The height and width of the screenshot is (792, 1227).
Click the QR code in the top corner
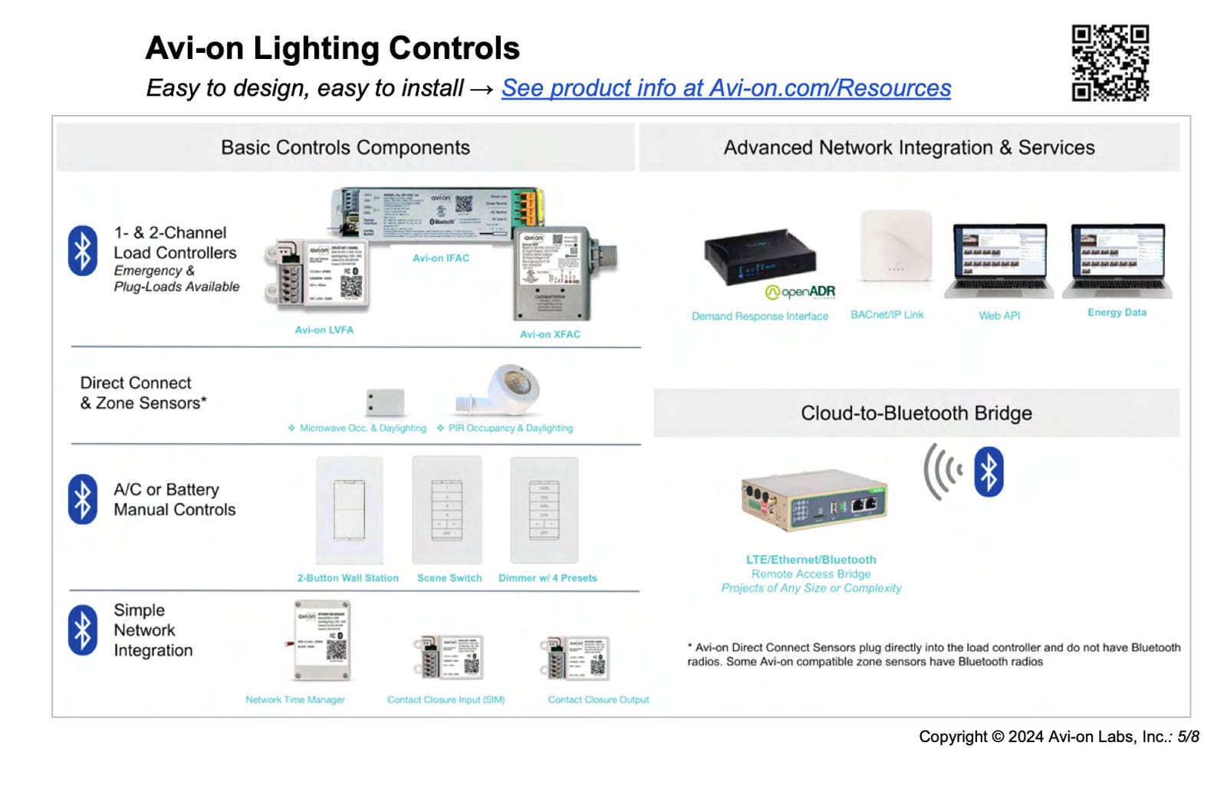pos(1110,63)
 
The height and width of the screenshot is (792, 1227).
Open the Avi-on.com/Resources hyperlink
pos(725,88)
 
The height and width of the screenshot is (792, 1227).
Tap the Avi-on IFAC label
pos(441,258)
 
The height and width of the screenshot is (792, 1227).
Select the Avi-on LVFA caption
pos(324,330)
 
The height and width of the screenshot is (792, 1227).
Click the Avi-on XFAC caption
pos(550,334)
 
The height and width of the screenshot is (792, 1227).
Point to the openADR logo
pos(800,292)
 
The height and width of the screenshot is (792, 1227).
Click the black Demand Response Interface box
pos(759,258)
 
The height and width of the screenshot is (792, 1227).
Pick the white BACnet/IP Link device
pos(896,246)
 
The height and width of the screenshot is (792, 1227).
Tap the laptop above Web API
pos(999,261)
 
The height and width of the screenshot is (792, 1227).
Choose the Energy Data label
pos(1117,313)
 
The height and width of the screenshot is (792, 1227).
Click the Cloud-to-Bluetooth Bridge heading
pos(916,413)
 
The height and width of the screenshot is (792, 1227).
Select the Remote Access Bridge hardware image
pos(814,501)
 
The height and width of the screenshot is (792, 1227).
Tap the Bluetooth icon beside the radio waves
pos(989,472)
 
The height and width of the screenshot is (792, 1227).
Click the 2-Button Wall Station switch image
pos(350,511)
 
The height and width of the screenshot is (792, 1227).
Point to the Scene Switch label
pos(449,578)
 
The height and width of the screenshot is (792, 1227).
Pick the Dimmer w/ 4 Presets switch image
pos(544,511)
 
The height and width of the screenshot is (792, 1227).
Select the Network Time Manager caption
pos(295,700)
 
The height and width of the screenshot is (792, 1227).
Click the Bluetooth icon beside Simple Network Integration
pos(83,630)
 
